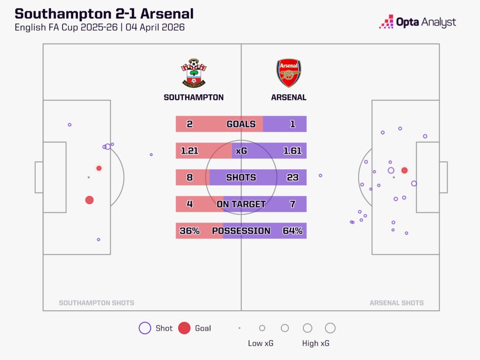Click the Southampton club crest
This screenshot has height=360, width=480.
click(x=194, y=73)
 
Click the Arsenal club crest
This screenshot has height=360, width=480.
click(x=288, y=73)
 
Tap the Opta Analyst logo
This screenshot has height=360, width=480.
click(x=418, y=22)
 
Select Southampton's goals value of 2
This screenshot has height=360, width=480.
click(x=189, y=124)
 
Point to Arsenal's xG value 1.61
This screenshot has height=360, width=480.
click(x=292, y=151)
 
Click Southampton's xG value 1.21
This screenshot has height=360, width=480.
click(x=189, y=151)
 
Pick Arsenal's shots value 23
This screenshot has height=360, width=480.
click(x=292, y=178)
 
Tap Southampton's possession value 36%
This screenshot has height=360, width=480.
click(x=189, y=231)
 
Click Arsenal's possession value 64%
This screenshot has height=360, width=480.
click(x=292, y=231)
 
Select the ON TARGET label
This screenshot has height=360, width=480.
click(x=241, y=204)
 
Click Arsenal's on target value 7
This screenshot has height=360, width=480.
click(x=292, y=204)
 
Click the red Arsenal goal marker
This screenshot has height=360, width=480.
click(x=405, y=171)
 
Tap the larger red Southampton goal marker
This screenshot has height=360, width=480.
click(x=90, y=200)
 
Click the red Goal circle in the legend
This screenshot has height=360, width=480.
click(x=184, y=328)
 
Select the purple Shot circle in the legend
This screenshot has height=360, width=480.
click(x=145, y=328)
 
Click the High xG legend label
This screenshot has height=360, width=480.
click(x=315, y=344)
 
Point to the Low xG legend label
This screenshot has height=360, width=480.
click(x=261, y=344)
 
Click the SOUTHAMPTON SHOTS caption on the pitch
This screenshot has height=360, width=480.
click(x=97, y=303)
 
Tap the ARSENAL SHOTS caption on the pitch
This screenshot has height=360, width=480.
click(x=397, y=303)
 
